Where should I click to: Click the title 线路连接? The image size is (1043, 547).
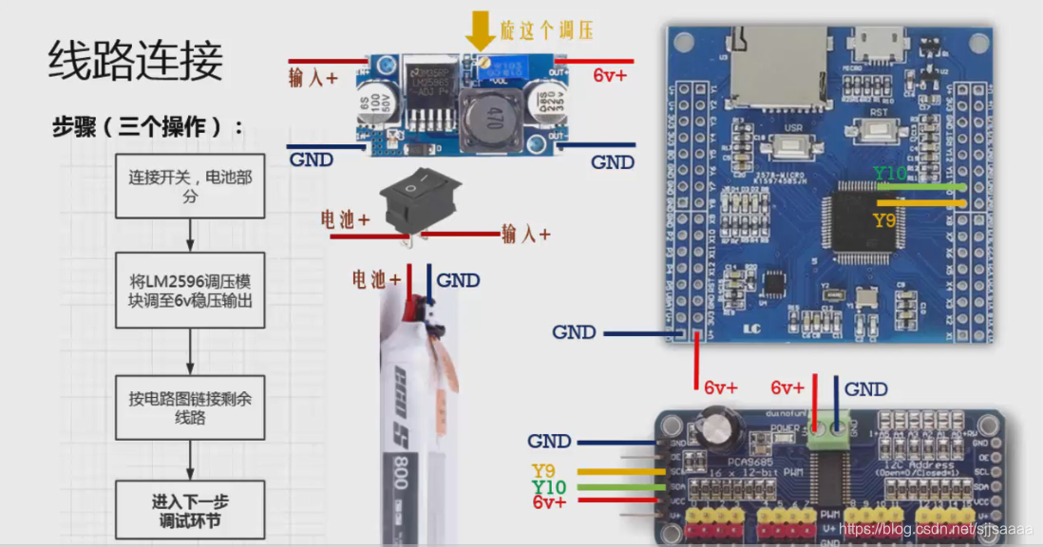136,61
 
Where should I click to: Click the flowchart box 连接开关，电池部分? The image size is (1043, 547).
190,186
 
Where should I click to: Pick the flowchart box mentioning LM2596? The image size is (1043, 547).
190,291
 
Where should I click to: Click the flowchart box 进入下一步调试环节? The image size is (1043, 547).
190,511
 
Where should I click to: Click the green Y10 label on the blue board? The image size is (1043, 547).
890,174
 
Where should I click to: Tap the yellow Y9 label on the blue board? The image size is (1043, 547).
884,220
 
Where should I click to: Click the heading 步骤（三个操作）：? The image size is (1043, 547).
147,127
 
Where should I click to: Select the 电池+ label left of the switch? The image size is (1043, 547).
345,220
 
